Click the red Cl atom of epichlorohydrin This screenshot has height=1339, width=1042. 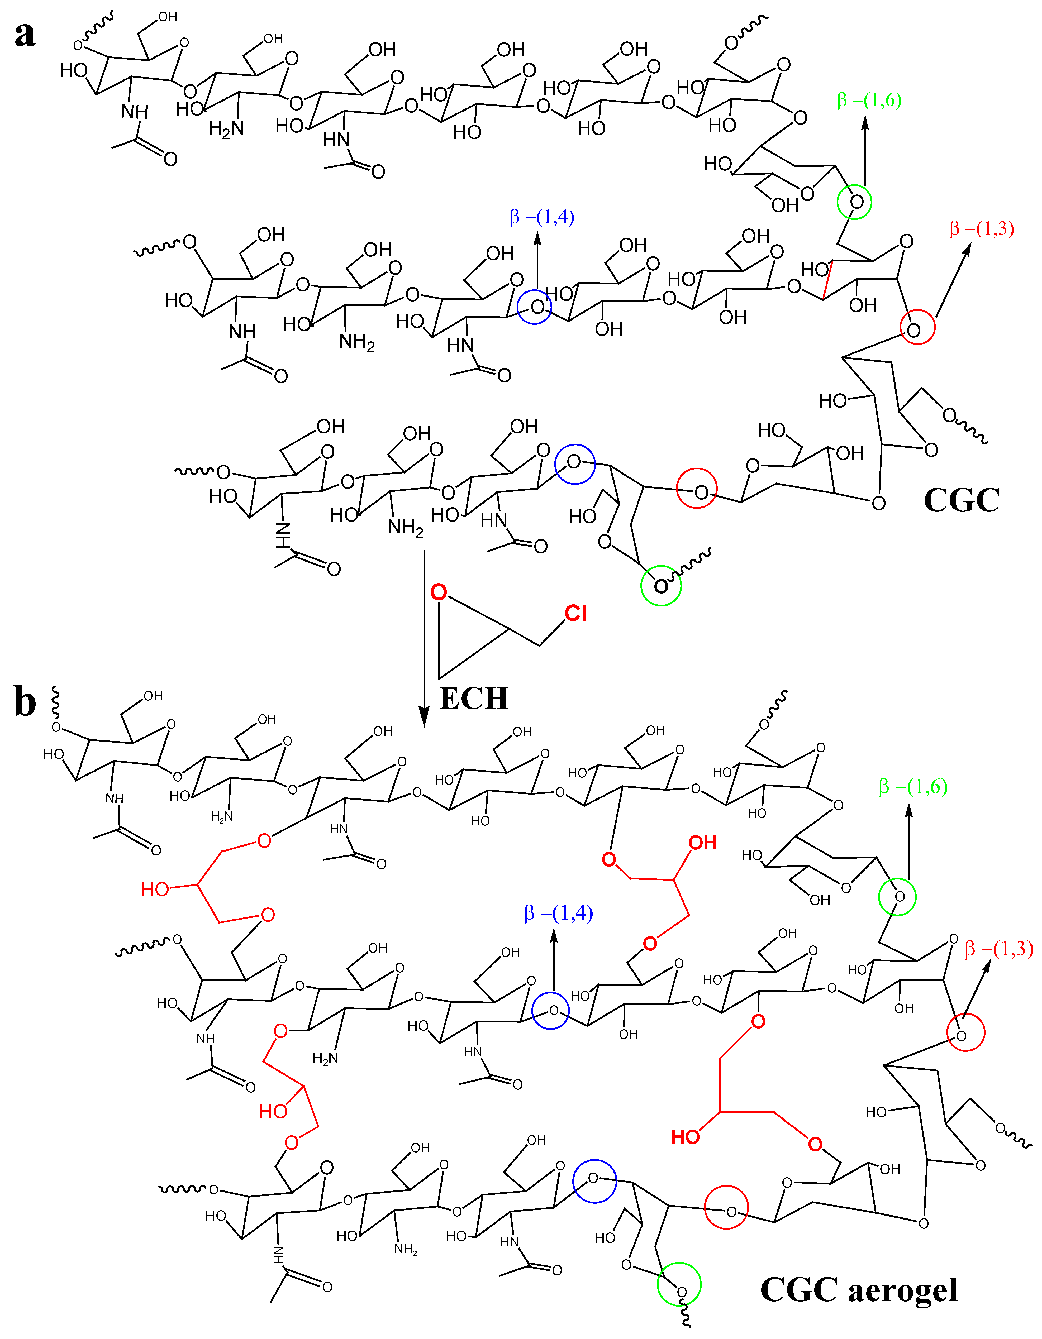tap(575, 613)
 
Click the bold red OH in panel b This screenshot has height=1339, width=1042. tap(702, 843)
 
